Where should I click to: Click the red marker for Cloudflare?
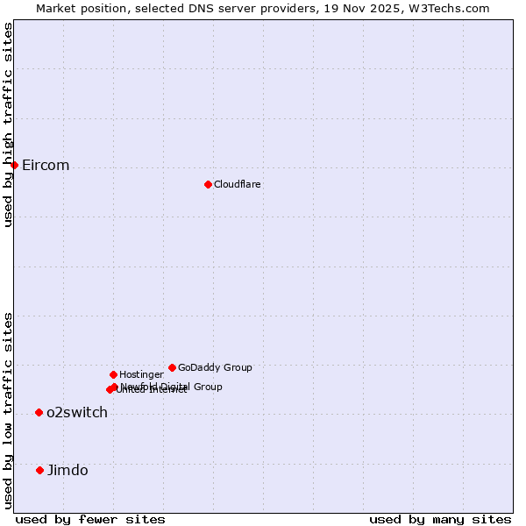(208, 184)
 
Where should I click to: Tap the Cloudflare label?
(237, 184)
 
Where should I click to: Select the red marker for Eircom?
(14, 165)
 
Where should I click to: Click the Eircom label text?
(46, 166)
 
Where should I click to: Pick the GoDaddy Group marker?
(172, 367)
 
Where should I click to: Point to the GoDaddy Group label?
(215, 367)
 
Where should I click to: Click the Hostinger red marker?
(113, 374)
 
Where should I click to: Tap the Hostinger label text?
(141, 375)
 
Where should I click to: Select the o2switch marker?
(39, 412)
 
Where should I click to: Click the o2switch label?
(77, 413)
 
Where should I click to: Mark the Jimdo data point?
(39, 470)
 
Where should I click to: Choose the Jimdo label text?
(68, 471)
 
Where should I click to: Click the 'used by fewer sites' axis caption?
(90, 519)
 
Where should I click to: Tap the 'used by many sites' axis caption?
(440, 519)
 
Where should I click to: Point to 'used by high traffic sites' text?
(8, 124)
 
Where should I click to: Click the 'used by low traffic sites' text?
(8, 409)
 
